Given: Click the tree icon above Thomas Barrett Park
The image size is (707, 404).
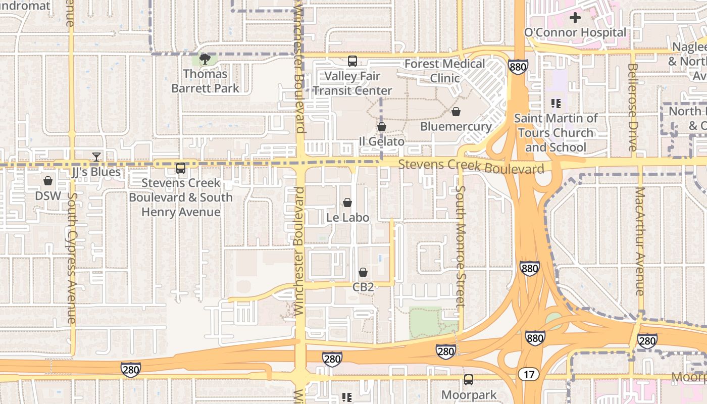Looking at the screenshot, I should coord(205,60).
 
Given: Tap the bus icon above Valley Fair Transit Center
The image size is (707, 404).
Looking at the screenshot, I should coord(352,61).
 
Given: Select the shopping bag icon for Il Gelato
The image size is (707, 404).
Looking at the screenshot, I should coord(382,127).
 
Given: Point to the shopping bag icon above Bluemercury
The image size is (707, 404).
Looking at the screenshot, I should coord(456,112).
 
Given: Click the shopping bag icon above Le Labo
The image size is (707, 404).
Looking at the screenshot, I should coord(347,203).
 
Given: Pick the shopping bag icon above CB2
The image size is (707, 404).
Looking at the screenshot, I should coord(363,273).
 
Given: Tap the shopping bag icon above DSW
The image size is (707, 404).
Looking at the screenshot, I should coord(48,181).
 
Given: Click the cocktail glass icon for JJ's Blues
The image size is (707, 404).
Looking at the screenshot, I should coord(96,157).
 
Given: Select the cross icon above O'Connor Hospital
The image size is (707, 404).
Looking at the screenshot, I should coord(575,18).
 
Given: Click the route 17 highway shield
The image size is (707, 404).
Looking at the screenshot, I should coord(528,374).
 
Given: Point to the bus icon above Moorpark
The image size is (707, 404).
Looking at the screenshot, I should coord(469,379).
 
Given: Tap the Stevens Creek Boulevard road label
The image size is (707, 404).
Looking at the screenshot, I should coord(471,166).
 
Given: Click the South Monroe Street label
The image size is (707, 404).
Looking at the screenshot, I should coord(460,246).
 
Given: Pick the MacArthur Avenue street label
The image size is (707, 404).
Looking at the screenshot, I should coord(640,241).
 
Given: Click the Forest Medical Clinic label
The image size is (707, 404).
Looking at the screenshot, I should coord(445,71).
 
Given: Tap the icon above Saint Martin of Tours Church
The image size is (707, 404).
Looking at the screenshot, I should coord(556,104).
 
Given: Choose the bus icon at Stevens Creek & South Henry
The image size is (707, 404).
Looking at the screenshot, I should coord(180,168).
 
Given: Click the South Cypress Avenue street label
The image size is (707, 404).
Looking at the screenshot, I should coord(71,258).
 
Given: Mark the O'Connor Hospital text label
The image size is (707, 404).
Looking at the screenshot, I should coord(575,33).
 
